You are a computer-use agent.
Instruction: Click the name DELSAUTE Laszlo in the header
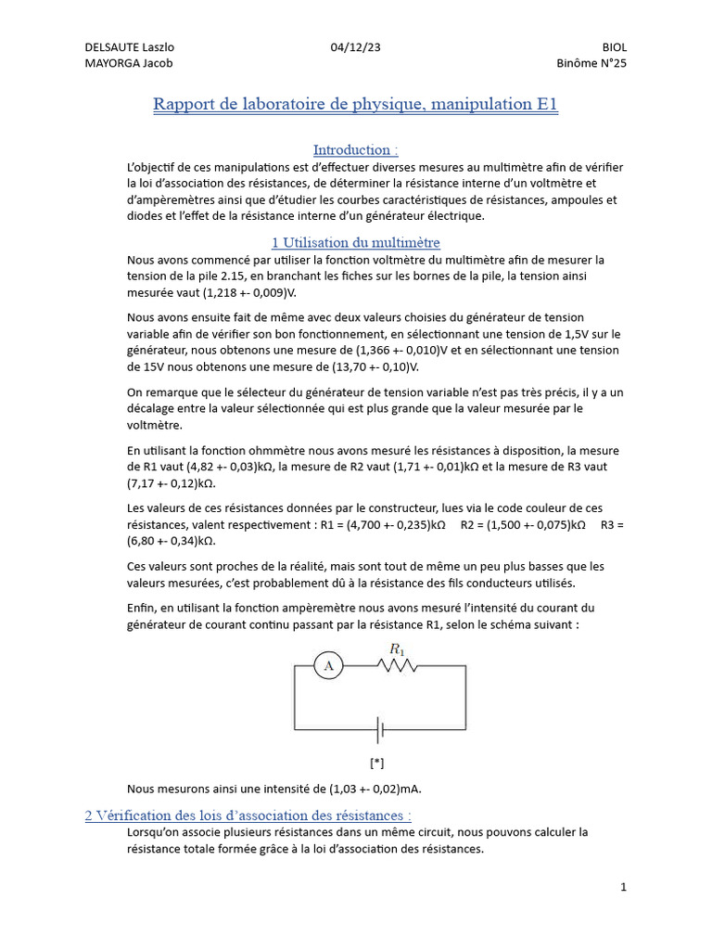(x=130, y=47)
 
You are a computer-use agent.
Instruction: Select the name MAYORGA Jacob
(x=128, y=63)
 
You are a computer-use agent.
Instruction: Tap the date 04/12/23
(x=355, y=47)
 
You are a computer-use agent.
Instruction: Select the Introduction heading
(x=355, y=149)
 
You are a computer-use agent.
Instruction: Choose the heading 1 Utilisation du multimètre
(x=355, y=243)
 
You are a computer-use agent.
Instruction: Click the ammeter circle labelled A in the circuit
(x=328, y=665)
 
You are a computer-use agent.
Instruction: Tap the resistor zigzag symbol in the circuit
(x=398, y=665)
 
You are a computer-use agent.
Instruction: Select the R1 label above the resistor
(x=397, y=648)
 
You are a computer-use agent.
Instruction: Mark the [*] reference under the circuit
(x=376, y=764)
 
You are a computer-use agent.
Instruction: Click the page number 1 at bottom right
(x=624, y=887)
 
